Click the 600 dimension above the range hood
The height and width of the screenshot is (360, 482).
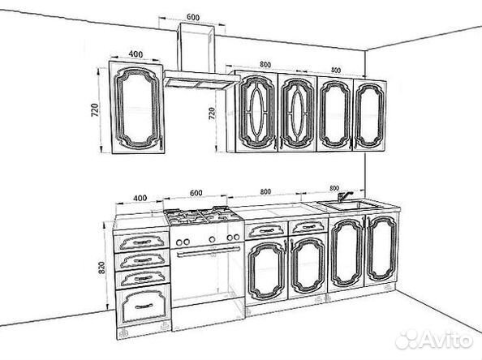click(x=193, y=17)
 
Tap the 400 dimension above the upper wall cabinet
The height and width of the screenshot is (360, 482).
click(x=136, y=54)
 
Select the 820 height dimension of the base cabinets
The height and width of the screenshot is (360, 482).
click(x=101, y=268)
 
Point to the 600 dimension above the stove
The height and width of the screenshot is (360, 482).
click(x=196, y=193)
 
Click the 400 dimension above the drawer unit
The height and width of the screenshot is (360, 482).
click(x=140, y=198)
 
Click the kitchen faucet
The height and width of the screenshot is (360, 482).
click(x=344, y=195)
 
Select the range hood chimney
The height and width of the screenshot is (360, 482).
click(x=196, y=47)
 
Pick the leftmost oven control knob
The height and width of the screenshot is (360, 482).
click(x=179, y=242)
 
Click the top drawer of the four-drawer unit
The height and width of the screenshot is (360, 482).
click(x=142, y=241)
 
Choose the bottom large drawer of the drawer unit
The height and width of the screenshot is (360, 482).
click(x=144, y=305)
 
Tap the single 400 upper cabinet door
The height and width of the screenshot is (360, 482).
click(x=137, y=107)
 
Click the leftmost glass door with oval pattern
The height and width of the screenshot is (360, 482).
click(x=257, y=112)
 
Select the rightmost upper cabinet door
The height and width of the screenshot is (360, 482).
click(x=369, y=115)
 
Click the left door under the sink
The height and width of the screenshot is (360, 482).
click(x=346, y=254)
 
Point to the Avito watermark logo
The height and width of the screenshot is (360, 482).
click(x=434, y=340)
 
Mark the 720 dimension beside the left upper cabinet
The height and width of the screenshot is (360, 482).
click(x=95, y=110)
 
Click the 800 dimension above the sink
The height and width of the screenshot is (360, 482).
click(x=334, y=188)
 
